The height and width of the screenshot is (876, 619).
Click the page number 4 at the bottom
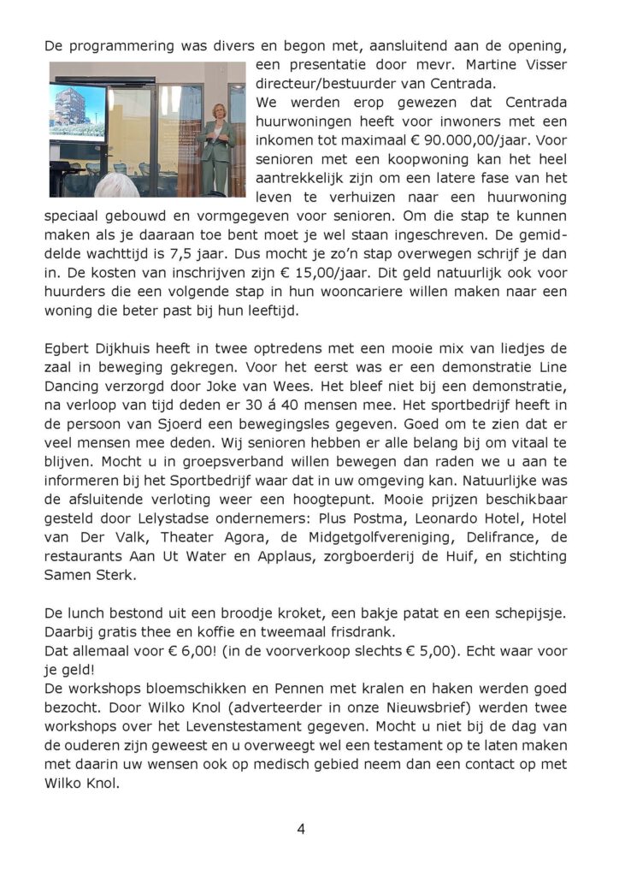pyautogui.click(x=301, y=828)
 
